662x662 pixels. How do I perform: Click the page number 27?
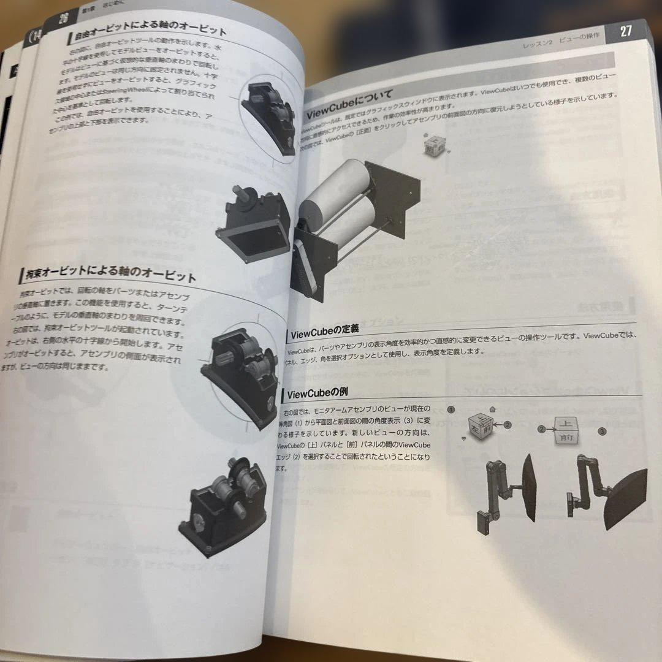tap(625, 32)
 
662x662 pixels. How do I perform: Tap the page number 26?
tap(63, 18)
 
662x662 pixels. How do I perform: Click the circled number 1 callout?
tap(451, 409)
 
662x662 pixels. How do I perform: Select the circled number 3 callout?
tap(603, 432)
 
